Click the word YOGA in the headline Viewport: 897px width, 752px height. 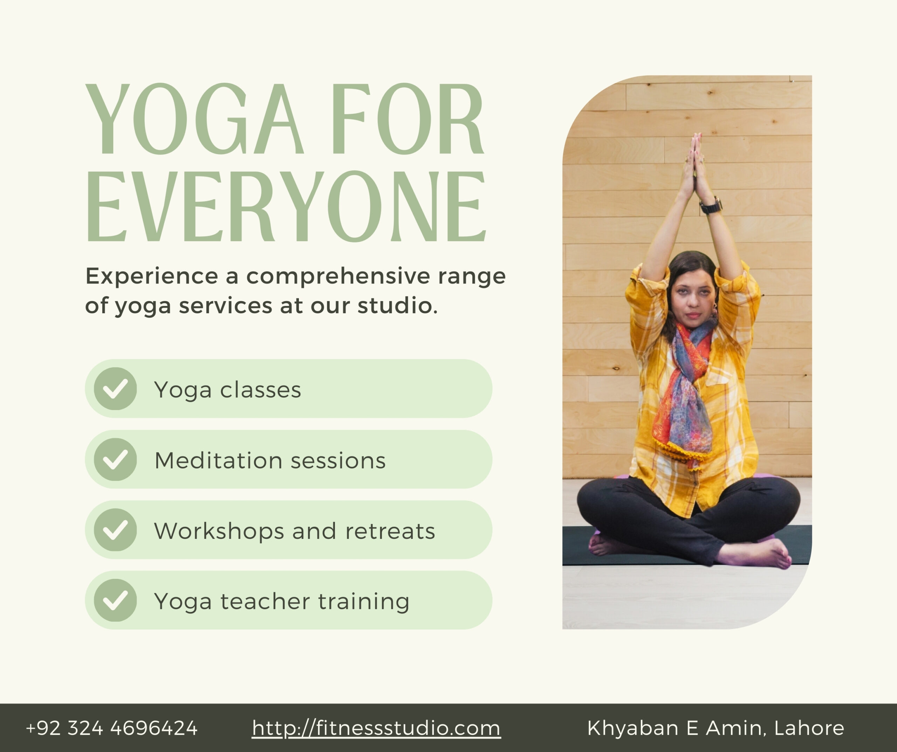pyautogui.click(x=195, y=118)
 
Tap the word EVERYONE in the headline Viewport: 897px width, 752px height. pyautogui.click(x=286, y=206)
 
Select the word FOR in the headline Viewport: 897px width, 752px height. pyautogui.click(x=408, y=118)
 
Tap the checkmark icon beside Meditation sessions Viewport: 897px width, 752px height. pyautogui.click(x=115, y=460)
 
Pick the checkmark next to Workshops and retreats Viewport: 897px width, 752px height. pyautogui.click(x=115, y=530)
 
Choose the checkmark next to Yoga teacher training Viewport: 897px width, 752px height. pyautogui.click(x=115, y=600)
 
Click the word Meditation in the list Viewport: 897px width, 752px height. pyautogui.click(x=218, y=460)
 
